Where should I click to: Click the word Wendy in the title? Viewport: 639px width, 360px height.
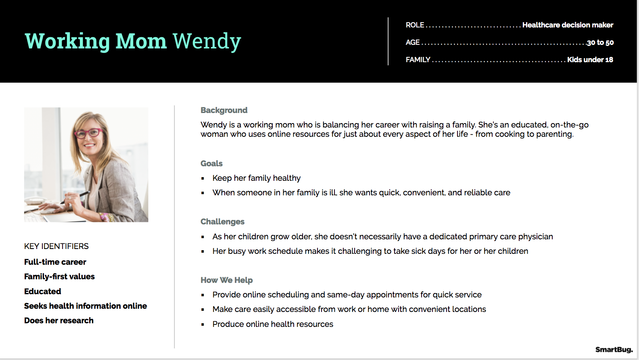pos(207,42)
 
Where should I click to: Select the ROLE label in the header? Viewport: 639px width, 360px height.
pos(415,25)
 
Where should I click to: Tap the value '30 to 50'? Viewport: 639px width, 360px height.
pos(600,42)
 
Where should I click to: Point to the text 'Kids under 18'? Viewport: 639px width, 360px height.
pos(590,60)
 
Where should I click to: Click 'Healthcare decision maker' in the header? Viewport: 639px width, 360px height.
pos(568,25)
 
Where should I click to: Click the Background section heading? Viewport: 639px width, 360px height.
pos(224,110)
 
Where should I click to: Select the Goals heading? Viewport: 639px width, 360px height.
pos(211,163)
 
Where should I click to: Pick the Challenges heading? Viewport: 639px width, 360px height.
pos(222,222)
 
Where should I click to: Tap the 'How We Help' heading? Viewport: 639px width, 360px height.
pos(227,280)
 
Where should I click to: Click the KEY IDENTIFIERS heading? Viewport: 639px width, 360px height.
pos(56,246)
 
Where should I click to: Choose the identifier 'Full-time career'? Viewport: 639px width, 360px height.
pos(55,262)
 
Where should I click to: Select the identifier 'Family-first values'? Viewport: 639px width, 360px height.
pos(59,276)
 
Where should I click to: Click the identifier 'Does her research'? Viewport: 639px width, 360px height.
pos(59,320)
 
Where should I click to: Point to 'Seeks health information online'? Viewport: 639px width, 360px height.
pos(86,306)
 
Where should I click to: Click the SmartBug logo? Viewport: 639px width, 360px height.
pos(614,350)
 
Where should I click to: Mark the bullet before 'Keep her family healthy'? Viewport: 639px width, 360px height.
pos(203,178)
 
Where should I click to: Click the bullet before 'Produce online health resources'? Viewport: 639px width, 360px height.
pos(203,324)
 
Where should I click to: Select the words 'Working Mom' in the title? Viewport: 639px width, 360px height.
pos(96,42)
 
